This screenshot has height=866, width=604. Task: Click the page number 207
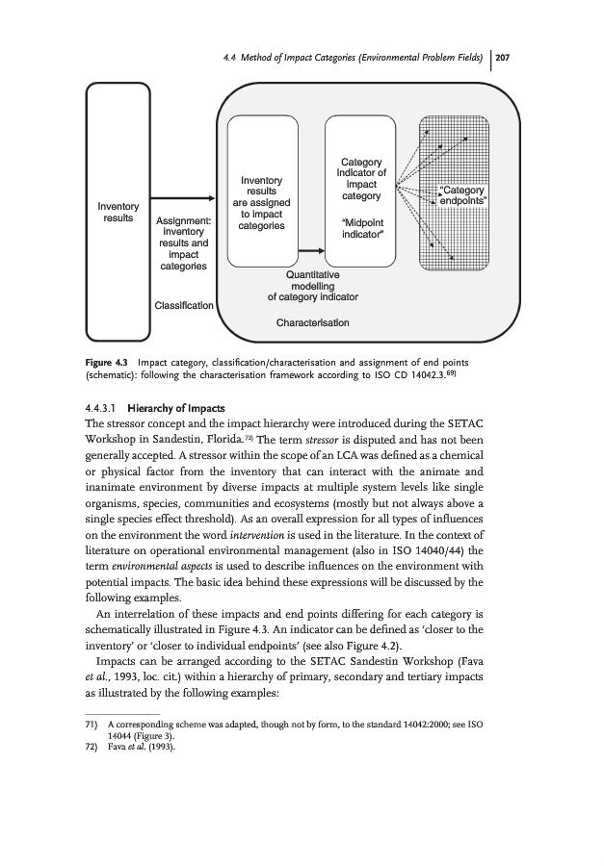tap(502, 57)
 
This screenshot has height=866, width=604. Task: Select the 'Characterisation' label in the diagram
tap(312, 321)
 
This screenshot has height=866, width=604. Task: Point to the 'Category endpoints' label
tap(463, 194)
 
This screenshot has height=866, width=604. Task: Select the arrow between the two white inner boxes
tap(309, 252)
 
